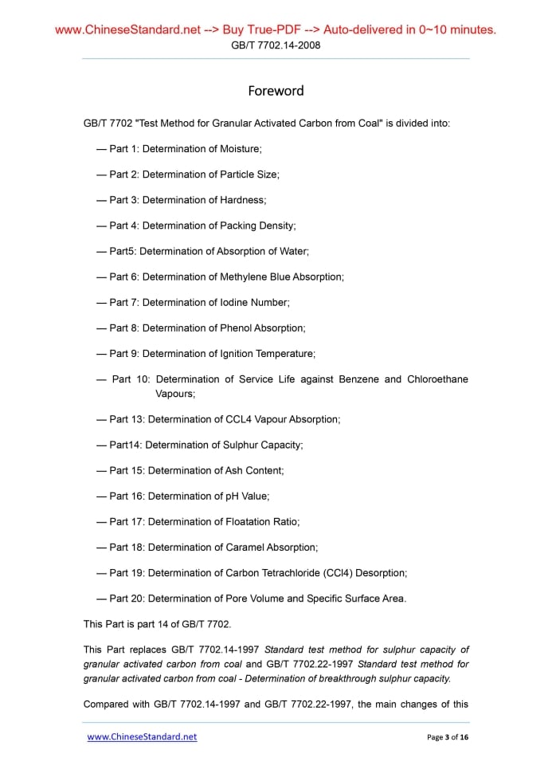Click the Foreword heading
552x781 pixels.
276,91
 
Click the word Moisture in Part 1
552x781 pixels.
239,148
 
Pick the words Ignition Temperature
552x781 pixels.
268,353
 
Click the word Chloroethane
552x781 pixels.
437,379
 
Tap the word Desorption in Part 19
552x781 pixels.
380,572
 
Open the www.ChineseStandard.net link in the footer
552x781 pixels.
142,736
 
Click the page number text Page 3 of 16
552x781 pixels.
448,737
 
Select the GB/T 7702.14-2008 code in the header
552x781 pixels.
276,45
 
